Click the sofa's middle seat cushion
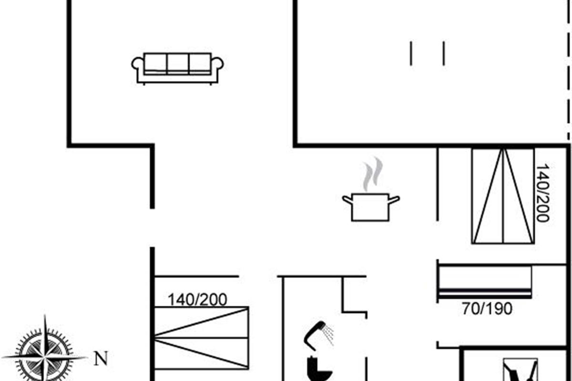coord(178,63)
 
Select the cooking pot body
coord(370,208)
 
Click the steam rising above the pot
coord(372,174)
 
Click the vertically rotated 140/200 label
coord(542,193)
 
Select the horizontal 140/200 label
coord(197,300)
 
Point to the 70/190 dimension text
coord(487,309)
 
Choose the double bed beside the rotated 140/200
coord(503,196)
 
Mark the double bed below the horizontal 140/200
coord(201,338)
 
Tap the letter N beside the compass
coord(101,358)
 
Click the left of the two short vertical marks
coord(411,53)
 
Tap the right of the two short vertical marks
coord(444,53)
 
